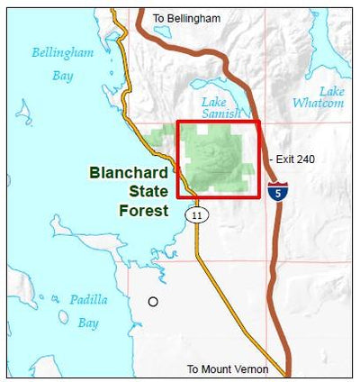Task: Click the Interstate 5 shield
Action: [278, 190]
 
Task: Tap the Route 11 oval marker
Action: [196, 214]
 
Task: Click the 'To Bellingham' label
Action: [186, 18]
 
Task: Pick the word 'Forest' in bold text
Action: [144, 211]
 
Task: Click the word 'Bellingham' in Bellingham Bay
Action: [63, 53]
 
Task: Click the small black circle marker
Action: [153, 302]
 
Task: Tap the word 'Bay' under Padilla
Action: [87, 322]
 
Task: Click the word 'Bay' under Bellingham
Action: [62, 76]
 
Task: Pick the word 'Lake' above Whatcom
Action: [331, 91]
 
